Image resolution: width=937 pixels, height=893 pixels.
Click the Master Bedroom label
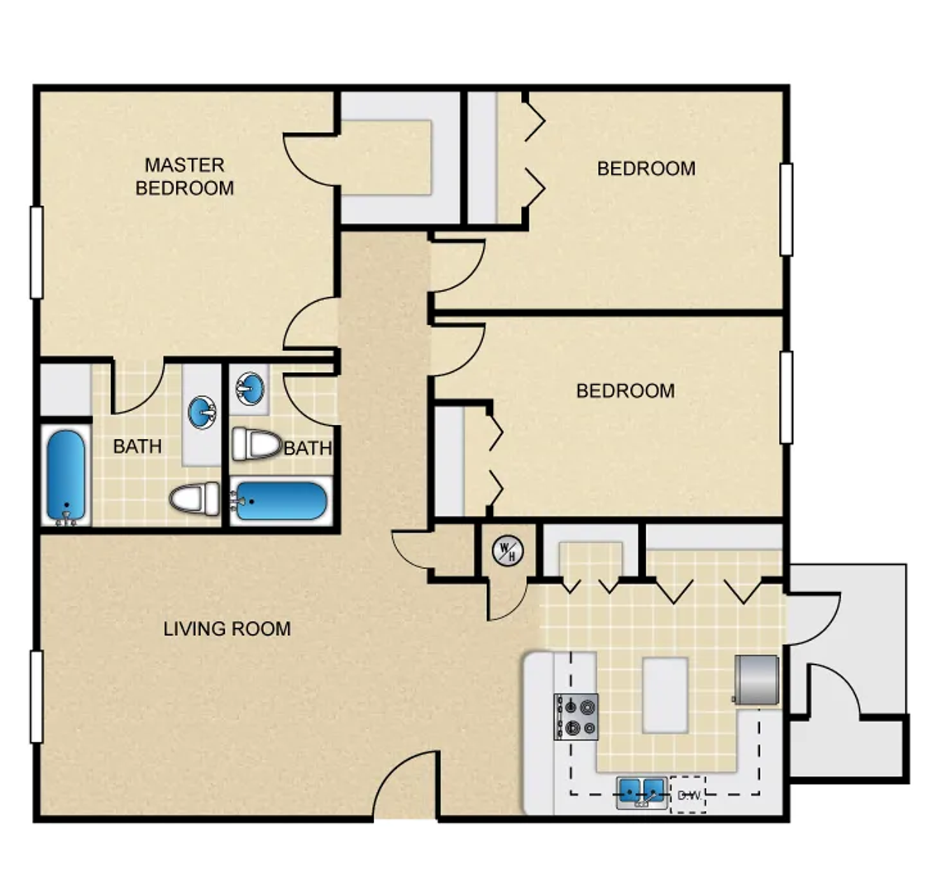(184, 176)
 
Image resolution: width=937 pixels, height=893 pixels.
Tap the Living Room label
(227, 628)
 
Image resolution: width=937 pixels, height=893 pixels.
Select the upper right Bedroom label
(646, 169)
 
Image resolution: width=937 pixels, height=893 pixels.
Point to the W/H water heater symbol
(508, 551)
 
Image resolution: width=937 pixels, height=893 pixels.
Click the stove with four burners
(576, 717)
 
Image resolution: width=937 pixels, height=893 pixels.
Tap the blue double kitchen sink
(642, 793)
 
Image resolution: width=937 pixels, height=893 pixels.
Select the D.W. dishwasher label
(688, 795)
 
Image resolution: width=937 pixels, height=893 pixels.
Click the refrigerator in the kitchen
(757, 679)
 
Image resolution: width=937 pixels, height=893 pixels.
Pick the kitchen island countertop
(665, 695)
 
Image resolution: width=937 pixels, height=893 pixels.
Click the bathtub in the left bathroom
(65, 476)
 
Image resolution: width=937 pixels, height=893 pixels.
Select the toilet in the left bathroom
(195, 498)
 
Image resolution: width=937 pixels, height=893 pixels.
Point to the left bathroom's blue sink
(202, 412)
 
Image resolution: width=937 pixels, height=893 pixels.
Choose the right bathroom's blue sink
(250, 389)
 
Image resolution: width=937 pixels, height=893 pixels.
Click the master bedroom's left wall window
(36, 252)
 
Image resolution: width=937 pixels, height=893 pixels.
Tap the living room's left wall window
(36, 696)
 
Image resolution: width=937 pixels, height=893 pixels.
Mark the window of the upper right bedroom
(787, 209)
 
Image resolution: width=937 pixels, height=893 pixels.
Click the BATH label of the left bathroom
(137, 446)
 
